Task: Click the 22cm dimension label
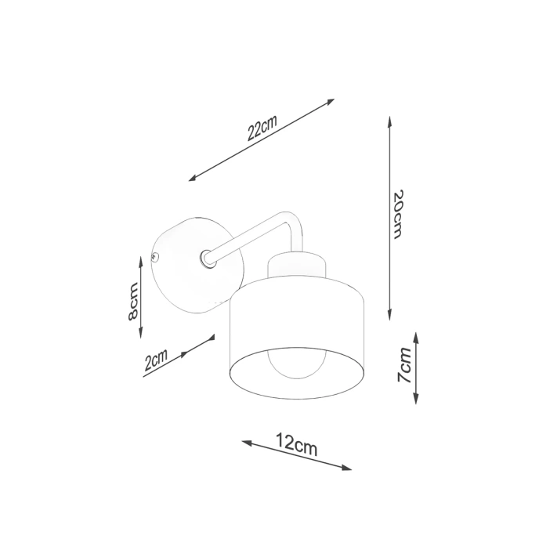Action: coord(262,128)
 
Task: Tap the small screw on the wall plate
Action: coord(155,256)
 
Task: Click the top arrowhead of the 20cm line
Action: coord(389,120)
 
